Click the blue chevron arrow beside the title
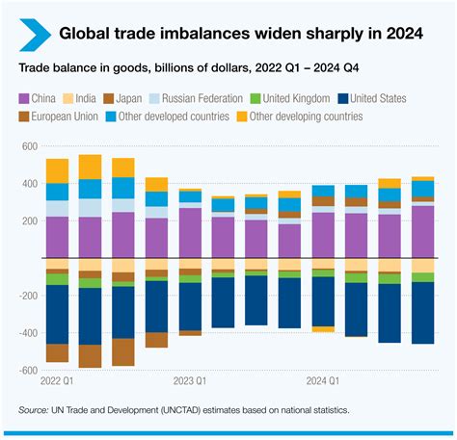[x=31, y=34]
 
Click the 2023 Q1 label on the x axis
[x=189, y=381]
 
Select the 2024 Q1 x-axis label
[x=322, y=381]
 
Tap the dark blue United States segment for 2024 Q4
[x=422, y=312]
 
